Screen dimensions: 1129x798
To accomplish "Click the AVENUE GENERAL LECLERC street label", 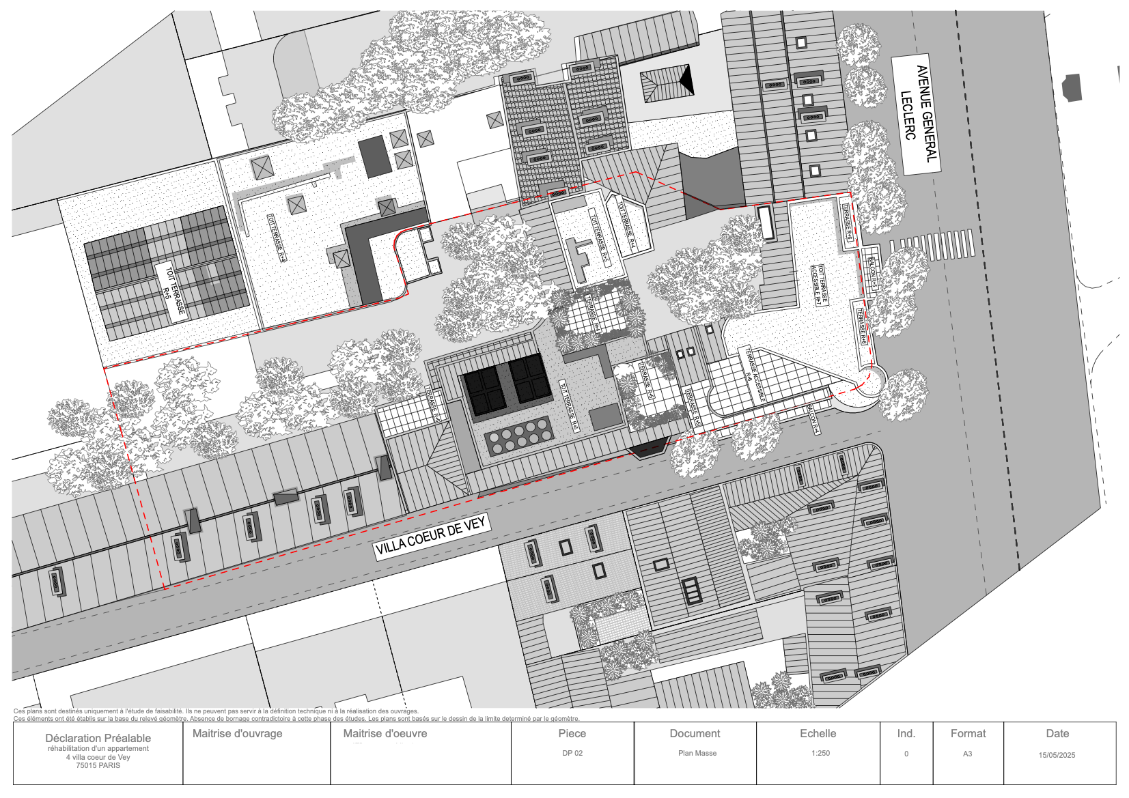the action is pos(921,114).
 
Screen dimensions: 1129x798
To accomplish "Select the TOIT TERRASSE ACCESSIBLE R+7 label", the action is pos(819,285).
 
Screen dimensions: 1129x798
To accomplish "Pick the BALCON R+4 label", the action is pos(813,419).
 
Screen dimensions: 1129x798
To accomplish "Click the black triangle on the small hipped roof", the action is pos(686,81).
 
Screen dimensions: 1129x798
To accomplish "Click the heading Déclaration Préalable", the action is pos(98,738).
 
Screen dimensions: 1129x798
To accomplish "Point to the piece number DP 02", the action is pos(572,753).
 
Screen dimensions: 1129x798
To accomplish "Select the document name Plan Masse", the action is pos(697,753).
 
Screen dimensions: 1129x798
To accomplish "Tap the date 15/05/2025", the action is pos(1057,755).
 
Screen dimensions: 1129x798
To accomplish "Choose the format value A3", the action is pos(967,754).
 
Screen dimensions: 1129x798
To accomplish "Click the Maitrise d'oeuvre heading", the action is pos(385,734).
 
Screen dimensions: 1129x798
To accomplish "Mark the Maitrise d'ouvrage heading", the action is pos(237,734).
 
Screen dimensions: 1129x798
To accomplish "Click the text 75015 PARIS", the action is pos(98,765).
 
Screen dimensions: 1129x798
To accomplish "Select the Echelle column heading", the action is pos(818,734).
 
